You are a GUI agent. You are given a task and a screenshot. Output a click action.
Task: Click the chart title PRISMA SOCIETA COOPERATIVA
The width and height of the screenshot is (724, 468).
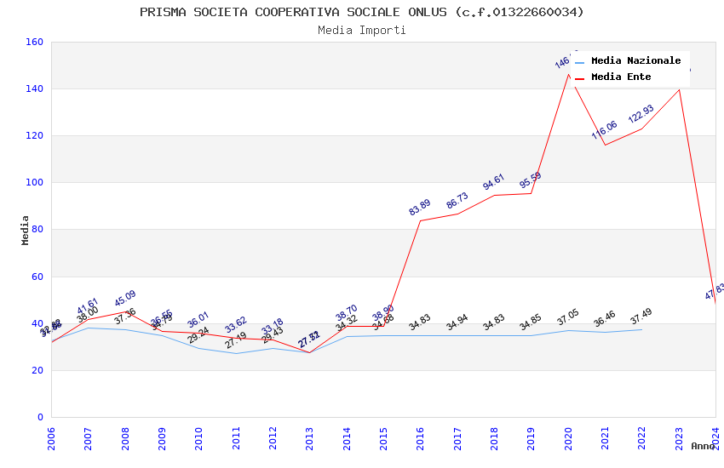[x=362, y=12]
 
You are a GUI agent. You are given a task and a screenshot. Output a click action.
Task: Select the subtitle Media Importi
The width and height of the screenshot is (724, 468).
[x=362, y=30]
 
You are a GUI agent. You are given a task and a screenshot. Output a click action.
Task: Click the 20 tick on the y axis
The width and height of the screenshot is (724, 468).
[x=37, y=370]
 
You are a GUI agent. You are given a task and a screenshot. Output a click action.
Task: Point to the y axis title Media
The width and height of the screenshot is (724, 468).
[x=26, y=230]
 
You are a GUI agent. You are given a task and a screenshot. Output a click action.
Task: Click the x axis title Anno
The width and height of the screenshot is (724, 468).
[x=703, y=446]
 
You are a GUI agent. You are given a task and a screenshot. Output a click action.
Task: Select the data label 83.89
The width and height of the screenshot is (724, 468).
[x=420, y=207]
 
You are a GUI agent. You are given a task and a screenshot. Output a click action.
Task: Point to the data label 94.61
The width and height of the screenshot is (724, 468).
[x=494, y=181]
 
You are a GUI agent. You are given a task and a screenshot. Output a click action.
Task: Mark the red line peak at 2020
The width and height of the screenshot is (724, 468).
[x=568, y=74]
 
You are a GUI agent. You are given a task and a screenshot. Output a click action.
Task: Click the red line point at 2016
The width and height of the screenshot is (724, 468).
[x=420, y=220]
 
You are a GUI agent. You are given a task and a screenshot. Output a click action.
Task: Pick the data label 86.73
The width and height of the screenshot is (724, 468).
[x=457, y=200]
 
